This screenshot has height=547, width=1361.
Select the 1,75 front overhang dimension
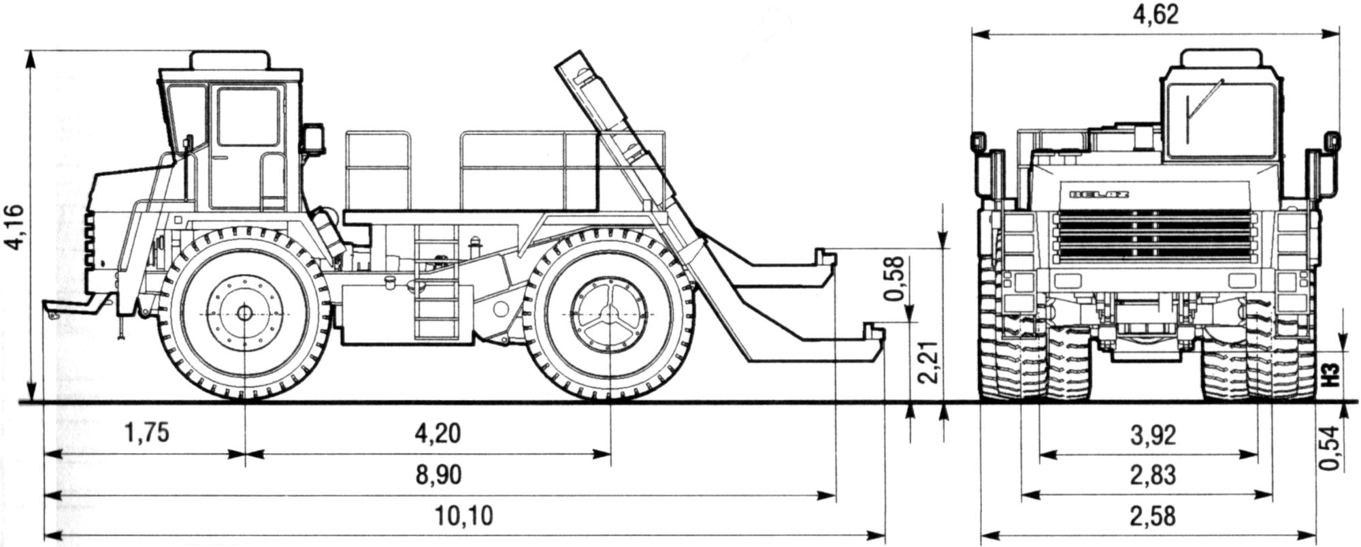tap(146, 434)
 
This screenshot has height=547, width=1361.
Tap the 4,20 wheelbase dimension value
tap(437, 434)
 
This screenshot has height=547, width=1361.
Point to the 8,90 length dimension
tap(437, 475)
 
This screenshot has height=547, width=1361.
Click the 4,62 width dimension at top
tap(1155, 16)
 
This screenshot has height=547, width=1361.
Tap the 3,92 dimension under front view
tap(1152, 435)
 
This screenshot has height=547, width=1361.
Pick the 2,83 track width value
tap(1152, 475)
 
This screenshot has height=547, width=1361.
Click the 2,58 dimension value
tap(1152, 516)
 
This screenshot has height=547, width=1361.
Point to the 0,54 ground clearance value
tap(1329, 448)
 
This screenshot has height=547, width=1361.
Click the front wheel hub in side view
tap(244, 313)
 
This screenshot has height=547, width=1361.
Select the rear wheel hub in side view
tap(610, 314)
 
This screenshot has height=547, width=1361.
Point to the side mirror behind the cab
tap(314, 138)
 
